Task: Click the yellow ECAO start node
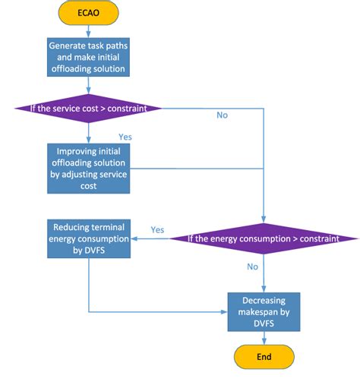point(89,14)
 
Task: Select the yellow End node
point(263,358)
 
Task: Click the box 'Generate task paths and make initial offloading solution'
point(89,58)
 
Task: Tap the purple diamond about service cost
point(89,108)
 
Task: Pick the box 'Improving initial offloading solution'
point(89,167)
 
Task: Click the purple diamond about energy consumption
point(263,239)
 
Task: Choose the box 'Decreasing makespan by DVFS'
point(263,311)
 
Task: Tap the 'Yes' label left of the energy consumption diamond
point(158,229)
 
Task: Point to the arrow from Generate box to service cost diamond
point(89,87)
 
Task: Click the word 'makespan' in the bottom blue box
point(263,311)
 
